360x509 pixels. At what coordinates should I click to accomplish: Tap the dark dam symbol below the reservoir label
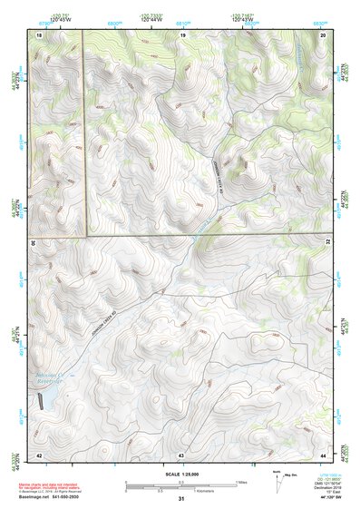tap(39, 403)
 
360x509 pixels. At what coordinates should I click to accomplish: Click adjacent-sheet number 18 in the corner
tap(39, 34)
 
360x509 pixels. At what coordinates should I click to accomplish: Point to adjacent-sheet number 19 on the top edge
tap(182, 34)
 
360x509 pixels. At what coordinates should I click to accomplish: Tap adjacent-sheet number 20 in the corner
tap(323, 34)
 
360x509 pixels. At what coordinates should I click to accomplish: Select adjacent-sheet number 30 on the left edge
tap(33, 243)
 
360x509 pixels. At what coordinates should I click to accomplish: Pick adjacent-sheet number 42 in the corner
tap(39, 454)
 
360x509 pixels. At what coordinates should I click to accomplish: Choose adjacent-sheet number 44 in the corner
tap(323, 454)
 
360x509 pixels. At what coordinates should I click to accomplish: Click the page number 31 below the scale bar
tap(181, 500)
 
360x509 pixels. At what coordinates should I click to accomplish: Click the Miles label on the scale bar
tap(240, 482)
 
